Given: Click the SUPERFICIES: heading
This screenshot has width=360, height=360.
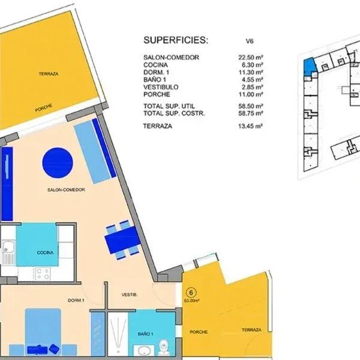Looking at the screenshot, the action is click(176, 40).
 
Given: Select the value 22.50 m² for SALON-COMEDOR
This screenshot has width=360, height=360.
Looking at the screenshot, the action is click(250, 57).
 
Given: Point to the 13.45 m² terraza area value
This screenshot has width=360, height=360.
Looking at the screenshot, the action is click(250, 126).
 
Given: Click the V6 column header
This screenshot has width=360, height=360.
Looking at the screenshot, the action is click(250, 41).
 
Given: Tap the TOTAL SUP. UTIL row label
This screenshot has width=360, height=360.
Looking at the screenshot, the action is click(169, 106).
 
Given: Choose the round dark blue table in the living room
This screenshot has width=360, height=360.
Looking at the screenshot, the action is click(58, 163).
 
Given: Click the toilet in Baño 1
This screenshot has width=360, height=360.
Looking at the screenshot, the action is click(163, 346).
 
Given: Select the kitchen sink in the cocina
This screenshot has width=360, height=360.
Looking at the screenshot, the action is click(8, 253).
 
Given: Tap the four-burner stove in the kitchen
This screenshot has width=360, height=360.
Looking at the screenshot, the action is click(43, 274).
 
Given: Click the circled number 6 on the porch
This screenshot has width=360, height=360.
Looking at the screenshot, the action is click(191, 293).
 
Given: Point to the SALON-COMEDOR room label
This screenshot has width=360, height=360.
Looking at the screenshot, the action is click(66, 190).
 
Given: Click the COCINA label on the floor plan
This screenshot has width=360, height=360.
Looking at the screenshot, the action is click(45, 253).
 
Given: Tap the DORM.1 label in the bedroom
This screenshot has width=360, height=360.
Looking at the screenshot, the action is click(76, 301).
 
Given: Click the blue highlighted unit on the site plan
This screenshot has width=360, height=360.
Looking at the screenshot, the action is click(310, 67).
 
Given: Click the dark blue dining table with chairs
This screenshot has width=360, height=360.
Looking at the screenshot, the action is click(123, 240).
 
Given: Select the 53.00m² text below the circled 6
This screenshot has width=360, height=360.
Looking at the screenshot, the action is click(192, 301).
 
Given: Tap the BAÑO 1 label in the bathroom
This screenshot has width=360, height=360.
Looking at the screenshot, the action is click(146, 334).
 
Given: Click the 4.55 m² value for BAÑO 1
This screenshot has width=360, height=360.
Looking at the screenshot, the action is click(250, 80).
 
